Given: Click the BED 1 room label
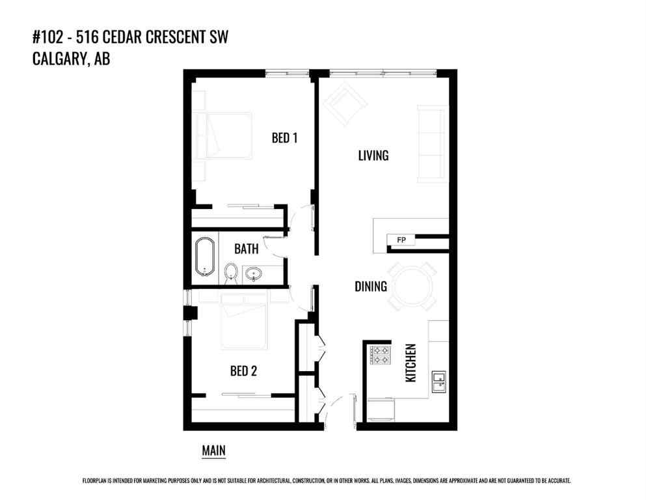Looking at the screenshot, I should [x=284, y=138].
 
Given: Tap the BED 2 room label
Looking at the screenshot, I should [x=243, y=371].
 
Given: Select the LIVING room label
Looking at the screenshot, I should [x=373, y=156].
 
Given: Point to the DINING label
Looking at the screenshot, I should [x=371, y=286].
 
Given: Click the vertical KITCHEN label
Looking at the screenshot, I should [x=410, y=363].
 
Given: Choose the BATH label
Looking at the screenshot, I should [x=246, y=249].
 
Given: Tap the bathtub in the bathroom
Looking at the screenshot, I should [x=205, y=257].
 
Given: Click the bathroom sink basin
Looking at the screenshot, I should [x=254, y=273].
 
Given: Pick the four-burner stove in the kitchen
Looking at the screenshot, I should [x=381, y=355].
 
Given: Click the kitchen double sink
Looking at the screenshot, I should [x=439, y=382].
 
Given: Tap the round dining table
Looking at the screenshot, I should [x=412, y=286].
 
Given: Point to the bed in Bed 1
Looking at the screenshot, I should [x=228, y=135].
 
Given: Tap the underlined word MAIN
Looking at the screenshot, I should [x=213, y=450].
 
